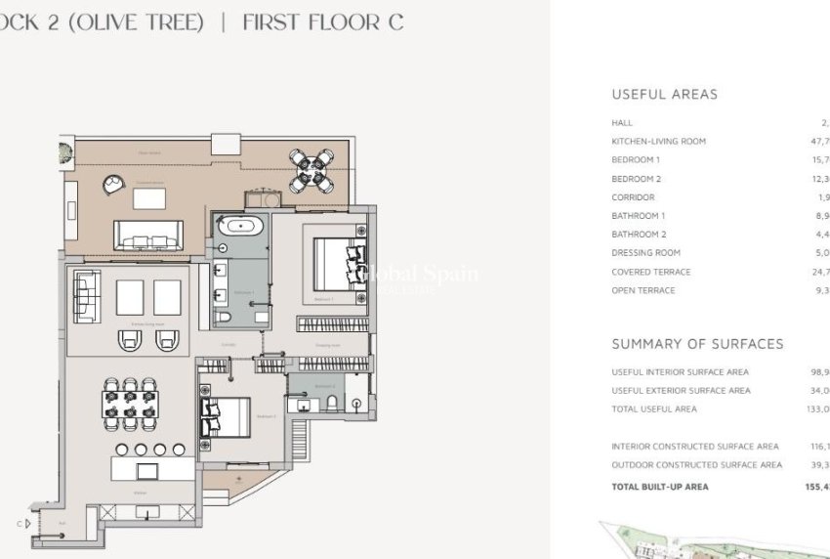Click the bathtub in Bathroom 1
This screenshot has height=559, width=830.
click(x=238, y=227)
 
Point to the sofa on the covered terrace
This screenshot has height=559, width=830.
click(x=147, y=236)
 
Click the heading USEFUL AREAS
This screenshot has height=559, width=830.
click(x=664, y=95)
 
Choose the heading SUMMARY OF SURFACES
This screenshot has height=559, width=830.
click(x=697, y=344)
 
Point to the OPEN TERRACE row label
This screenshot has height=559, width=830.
click(x=643, y=290)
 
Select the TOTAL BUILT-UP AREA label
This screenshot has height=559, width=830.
click(x=660, y=487)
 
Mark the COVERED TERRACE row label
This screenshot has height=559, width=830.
click(x=650, y=272)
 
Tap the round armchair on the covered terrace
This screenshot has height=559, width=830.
click(x=115, y=183)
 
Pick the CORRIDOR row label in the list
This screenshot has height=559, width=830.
click(x=633, y=197)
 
